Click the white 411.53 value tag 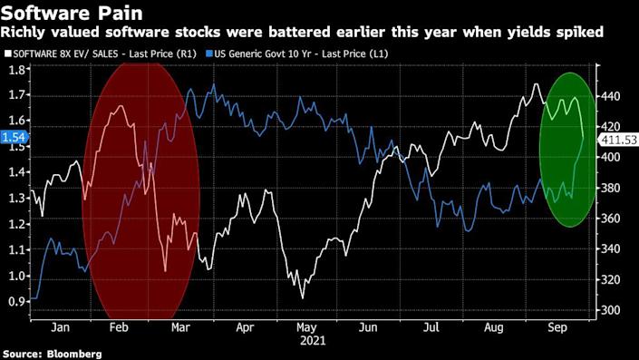pyautogui.click(x=619, y=140)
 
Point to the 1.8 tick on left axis pyautogui.click(x=16, y=69)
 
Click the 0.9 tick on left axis pyautogui.click(x=16, y=301)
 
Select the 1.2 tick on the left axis pyautogui.click(x=16, y=224)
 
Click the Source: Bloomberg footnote pyautogui.click(x=52, y=353)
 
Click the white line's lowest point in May pyautogui.click(x=302, y=297)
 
